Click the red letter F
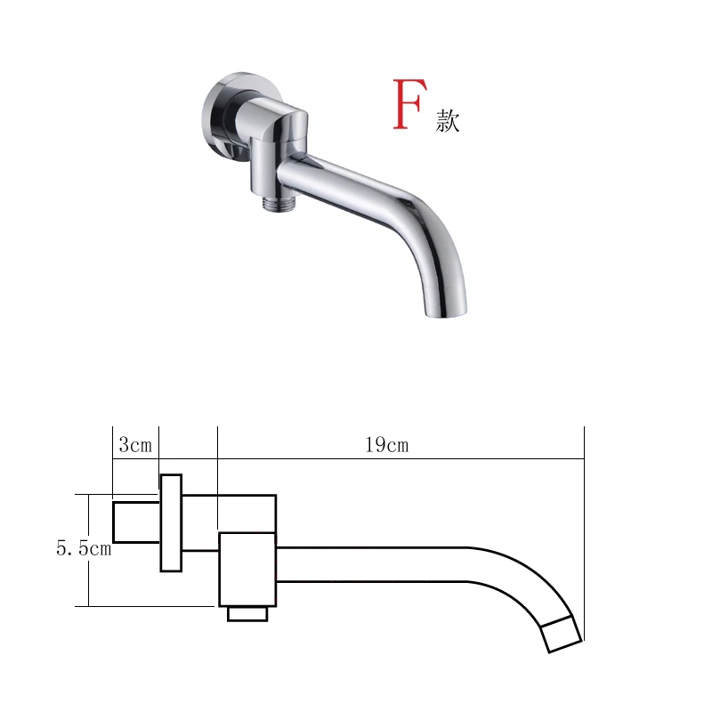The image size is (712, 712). point(409,104)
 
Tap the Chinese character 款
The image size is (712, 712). point(448,121)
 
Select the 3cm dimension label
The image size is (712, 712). point(135,445)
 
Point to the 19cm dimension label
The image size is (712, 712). point(387,445)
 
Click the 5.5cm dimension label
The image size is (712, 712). point(84,548)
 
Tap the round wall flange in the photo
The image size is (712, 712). point(218,116)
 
